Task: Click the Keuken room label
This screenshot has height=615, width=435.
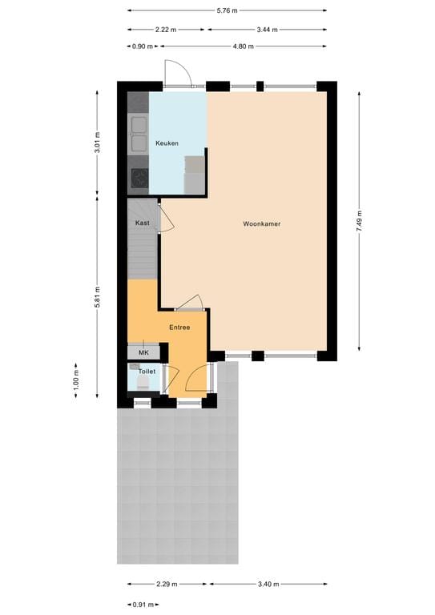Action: [167, 143]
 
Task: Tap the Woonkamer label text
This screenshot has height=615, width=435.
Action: [262, 224]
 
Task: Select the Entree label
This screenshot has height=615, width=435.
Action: [179, 328]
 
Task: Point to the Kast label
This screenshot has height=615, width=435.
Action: [142, 223]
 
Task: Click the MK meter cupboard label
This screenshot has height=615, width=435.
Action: [143, 352]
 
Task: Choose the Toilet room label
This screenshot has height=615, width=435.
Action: [147, 372]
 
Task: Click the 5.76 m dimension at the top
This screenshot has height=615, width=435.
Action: [228, 10]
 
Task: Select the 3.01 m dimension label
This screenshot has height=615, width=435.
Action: [97, 142]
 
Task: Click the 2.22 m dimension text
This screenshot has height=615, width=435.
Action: [167, 30]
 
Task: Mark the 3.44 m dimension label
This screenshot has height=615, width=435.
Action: [267, 30]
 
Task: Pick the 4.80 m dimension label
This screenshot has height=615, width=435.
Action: [243, 46]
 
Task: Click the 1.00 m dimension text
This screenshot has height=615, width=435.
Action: [77, 376]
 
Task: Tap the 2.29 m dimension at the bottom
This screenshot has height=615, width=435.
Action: [167, 585]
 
